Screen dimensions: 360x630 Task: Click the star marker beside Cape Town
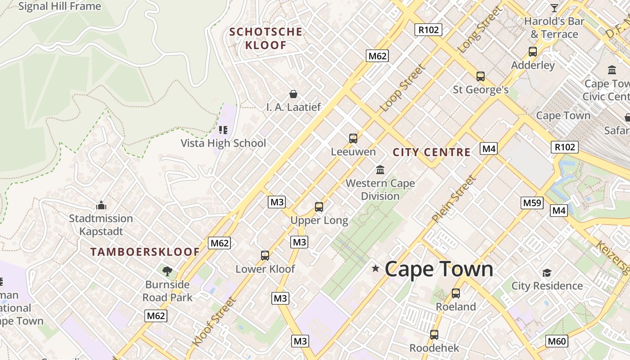tap(375, 269)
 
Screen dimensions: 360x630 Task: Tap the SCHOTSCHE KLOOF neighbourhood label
tap(265, 38)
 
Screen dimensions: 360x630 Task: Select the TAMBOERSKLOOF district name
tap(145, 252)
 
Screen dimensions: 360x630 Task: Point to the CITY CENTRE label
tap(432, 152)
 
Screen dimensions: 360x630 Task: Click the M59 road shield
tap(532, 202)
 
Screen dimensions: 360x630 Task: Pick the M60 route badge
tap(556, 341)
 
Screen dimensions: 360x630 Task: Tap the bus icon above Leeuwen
tap(353, 138)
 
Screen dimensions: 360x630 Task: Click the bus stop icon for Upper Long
tap(319, 207)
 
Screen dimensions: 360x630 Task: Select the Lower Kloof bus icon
tap(265, 256)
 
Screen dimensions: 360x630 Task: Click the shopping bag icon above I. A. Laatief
tap(293, 94)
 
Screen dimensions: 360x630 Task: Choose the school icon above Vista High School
tap(223, 130)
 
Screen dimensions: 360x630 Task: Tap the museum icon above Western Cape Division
tap(380, 170)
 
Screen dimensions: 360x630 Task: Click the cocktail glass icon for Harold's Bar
tap(554, 8)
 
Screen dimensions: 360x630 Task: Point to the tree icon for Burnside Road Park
tap(167, 271)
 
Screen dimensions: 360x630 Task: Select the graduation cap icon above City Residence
tap(547, 273)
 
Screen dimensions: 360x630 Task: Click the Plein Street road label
tap(454, 199)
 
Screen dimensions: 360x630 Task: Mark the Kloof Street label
tap(213, 322)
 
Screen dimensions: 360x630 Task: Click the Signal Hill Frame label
tap(59, 6)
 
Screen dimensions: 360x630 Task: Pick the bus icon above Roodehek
tap(434, 335)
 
